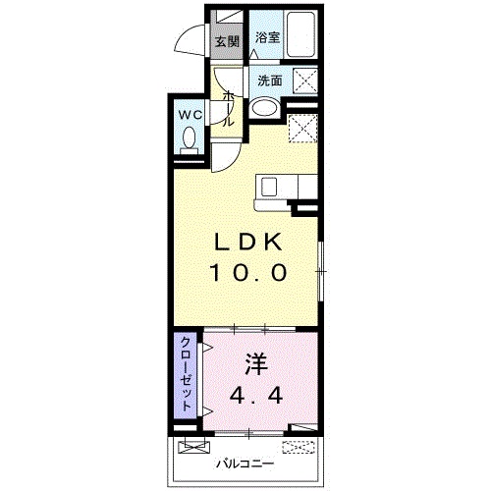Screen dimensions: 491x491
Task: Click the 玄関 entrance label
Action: coord(227,41)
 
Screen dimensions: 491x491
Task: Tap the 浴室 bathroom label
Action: coord(267,37)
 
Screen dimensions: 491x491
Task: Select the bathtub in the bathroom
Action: coord(301,34)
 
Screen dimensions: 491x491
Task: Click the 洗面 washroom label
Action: coord(270,81)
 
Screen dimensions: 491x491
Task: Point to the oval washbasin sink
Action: coord(264,107)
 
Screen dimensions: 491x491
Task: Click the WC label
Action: coord(190,115)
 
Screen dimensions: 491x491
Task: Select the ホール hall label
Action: coord(229,109)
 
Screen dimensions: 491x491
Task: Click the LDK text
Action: coord(247,243)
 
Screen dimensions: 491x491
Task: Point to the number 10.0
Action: coord(247,273)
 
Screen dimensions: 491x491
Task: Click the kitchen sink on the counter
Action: coord(269,187)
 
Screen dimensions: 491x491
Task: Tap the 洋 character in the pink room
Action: coord(256,364)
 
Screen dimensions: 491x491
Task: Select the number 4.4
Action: coord(256,397)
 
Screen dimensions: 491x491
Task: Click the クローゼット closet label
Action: coord(186,373)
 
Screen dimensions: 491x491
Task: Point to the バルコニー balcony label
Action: coord(245,464)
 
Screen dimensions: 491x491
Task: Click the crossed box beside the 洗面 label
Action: coord(305,81)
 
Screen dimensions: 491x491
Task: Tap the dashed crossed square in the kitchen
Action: coord(302,129)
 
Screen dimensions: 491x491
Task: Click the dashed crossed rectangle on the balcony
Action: coord(299,447)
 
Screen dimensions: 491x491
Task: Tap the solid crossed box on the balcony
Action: coord(194,447)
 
